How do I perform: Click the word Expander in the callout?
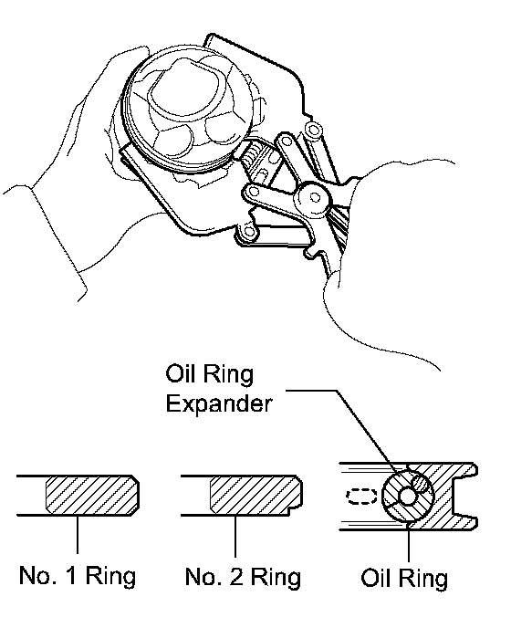(219, 404)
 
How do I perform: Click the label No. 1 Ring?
(78, 576)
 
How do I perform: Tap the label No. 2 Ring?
(243, 577)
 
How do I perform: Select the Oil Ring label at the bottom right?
(404, 578)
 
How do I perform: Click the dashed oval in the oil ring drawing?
(361, 497)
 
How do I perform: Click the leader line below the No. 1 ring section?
(78, 535)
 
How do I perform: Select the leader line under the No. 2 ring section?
(235, 536)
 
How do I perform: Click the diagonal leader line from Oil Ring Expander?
(365, 432)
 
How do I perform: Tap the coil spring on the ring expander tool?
(252, 157)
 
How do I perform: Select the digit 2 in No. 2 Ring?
(236, 577)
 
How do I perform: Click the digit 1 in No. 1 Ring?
(71, 576)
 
